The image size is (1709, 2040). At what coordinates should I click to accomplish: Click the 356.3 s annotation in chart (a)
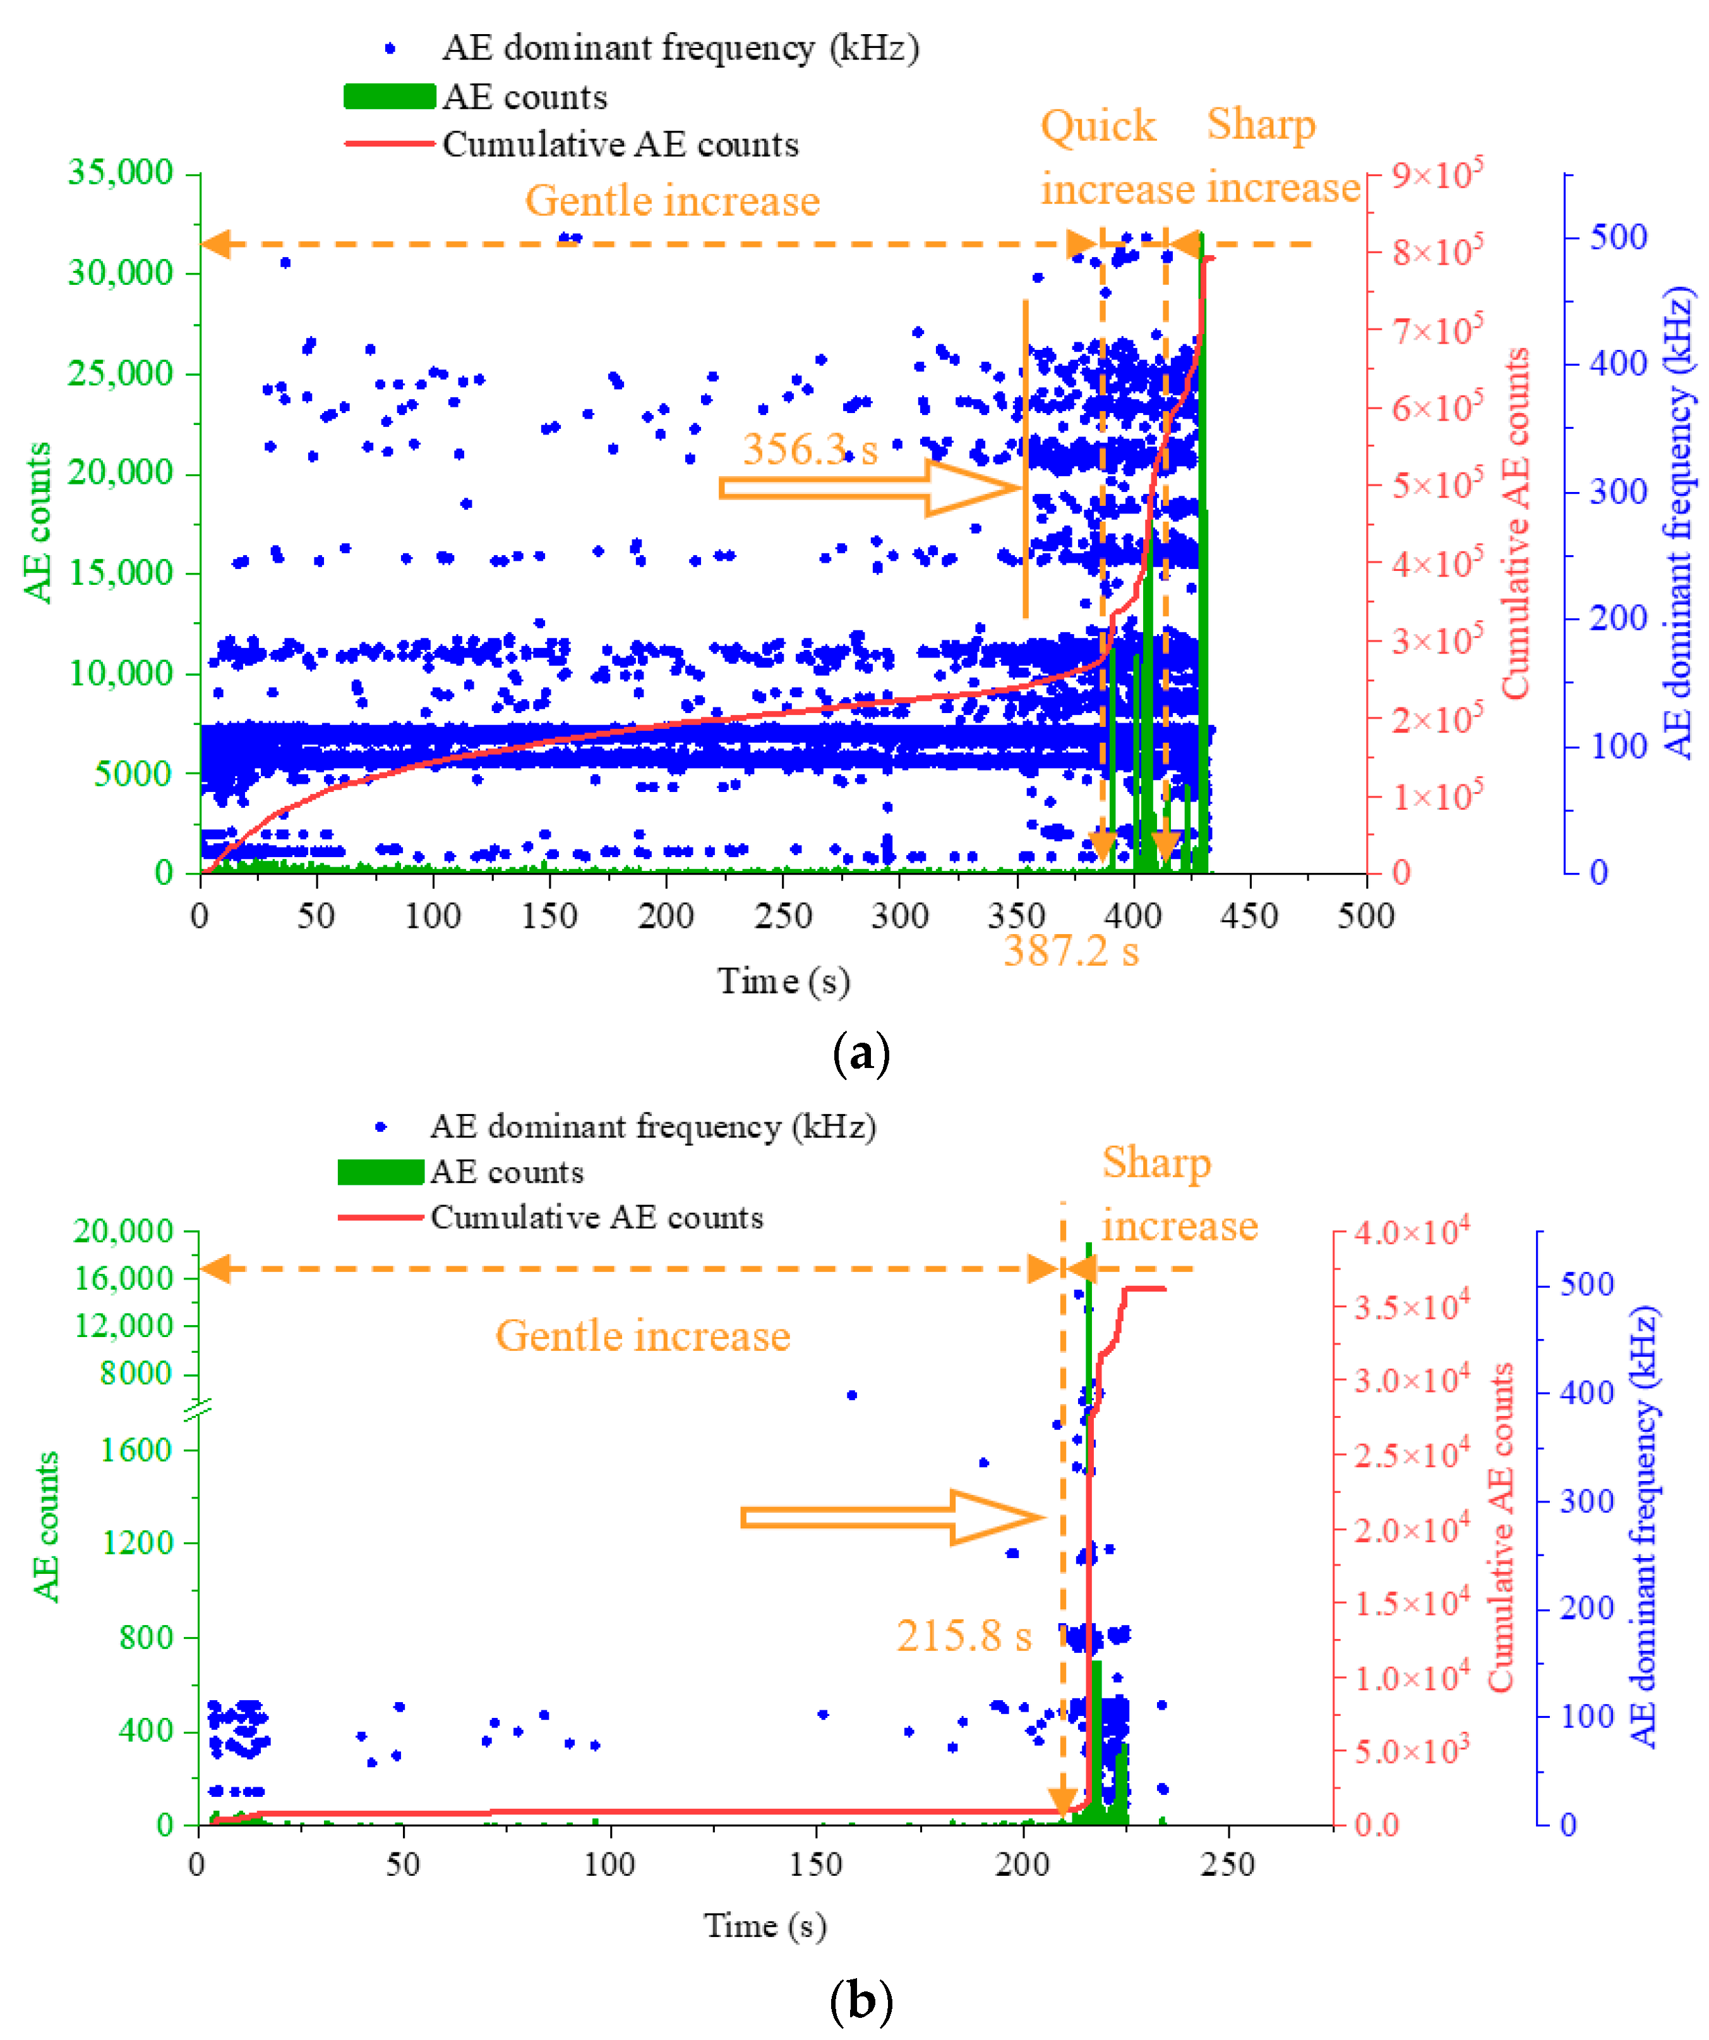coord(809,449)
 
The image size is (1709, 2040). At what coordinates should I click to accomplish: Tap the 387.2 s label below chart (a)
coord(1070,950)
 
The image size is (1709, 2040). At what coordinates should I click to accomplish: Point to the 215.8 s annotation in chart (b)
coord(963,1636)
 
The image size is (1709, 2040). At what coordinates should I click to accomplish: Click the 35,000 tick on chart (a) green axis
coord(119,173)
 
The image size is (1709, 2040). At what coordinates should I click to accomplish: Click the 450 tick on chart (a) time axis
coord(1249,915)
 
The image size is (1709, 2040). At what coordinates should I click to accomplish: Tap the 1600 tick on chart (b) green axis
coord(137,1449)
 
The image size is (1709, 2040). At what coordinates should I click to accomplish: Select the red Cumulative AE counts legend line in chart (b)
coord(380,1217)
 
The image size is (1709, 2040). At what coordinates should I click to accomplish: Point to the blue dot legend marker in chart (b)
coord(380,1127)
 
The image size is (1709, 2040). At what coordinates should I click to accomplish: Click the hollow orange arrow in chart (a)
coord(870,488)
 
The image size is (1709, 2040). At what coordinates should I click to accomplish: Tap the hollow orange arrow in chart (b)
coord(891,1518)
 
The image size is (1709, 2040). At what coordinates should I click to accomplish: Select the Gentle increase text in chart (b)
coord(642,1336)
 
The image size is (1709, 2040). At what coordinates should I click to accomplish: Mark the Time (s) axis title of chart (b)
coord(765,1926)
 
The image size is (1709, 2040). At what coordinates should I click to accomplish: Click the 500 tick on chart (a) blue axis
coord(1617,237)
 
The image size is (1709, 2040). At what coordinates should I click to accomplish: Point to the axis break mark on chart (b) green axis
coord(198,1408)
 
